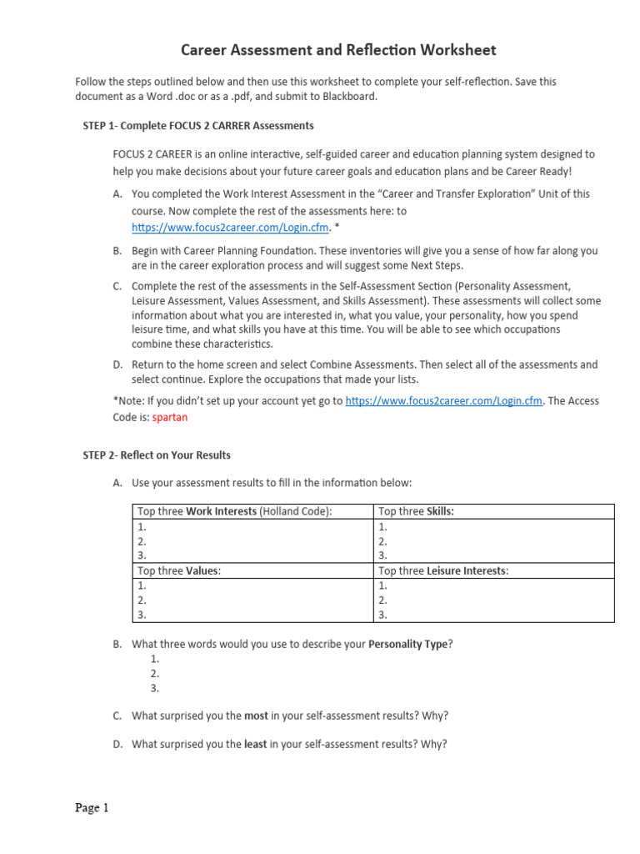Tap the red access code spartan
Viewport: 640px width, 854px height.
[169, 417]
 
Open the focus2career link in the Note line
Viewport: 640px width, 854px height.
[444, 401]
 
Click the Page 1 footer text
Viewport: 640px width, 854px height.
[92, 807]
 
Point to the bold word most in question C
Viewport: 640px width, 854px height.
[256, 716]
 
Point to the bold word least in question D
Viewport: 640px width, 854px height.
[256, 744]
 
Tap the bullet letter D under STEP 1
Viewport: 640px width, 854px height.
[117, 365]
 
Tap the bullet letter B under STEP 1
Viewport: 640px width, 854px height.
[117, 250]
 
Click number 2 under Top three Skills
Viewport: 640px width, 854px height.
[382, 541]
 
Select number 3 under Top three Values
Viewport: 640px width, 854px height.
[142, 615]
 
